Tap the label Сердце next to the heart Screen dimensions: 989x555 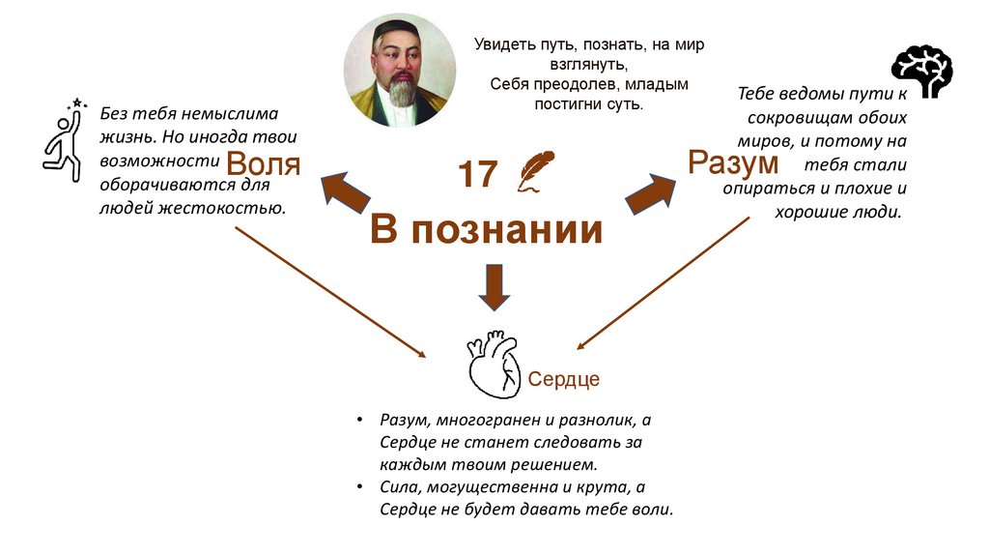563,379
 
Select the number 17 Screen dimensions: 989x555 477,175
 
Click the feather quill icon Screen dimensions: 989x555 533,172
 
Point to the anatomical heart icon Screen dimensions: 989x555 493,364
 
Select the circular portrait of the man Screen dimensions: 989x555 399,72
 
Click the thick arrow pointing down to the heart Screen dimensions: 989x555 494,286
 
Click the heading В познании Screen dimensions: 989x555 487,231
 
